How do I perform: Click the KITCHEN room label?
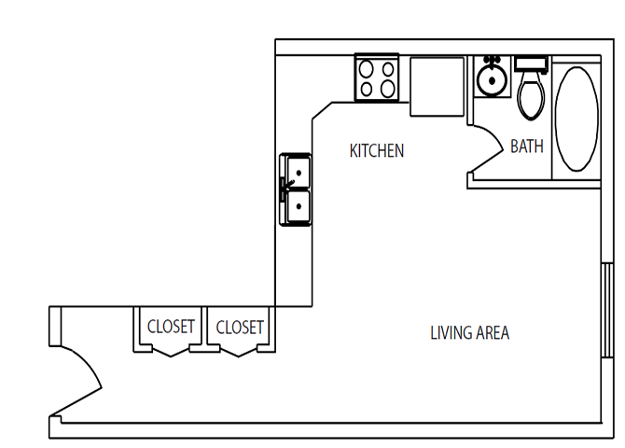pyautogui.click(x=376, y=150)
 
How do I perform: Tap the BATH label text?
pyautogui.click(x=527, y=147)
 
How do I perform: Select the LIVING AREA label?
pyautogui.click(x=469, y=332)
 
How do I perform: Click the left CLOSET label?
pyautogui.click(x=171, y=327)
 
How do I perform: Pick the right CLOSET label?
pyautogui.click(x=240, y=327)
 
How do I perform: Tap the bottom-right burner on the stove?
pyautogui.click(x=387, y=89)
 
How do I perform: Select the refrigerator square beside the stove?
pyautogui.click(x=437, y=86)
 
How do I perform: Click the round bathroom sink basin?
pyautogui.click(x=490, y=80)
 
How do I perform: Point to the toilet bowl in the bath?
pyautogui.click(x=531, y=99)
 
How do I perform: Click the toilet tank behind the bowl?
pyautogui.click(x=532, y=65)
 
